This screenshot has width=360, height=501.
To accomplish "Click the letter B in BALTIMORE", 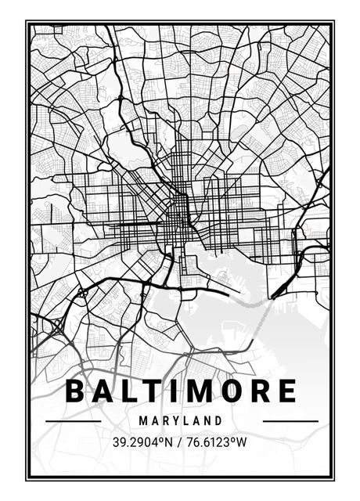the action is tap(76, 391).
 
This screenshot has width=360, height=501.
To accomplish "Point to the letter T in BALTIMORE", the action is tap(154, 391).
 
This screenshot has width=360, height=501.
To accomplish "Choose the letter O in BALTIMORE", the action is tap(231, 391).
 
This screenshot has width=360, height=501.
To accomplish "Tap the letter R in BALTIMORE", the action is tap(260, 391).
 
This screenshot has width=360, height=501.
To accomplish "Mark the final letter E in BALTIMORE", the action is tap(286, 391).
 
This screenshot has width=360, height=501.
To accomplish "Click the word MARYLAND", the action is tap(181, 420).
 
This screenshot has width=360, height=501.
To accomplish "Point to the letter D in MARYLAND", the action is tap(219, 420).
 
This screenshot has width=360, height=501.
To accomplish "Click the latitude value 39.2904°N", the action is tap(142, 442).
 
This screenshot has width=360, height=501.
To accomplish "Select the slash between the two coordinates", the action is tap(178, 442).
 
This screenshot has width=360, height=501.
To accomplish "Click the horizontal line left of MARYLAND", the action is tap(74, 421).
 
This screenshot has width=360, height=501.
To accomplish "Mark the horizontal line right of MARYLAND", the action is tap(290, 421).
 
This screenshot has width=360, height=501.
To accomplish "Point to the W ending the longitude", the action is tap(242, 442).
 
